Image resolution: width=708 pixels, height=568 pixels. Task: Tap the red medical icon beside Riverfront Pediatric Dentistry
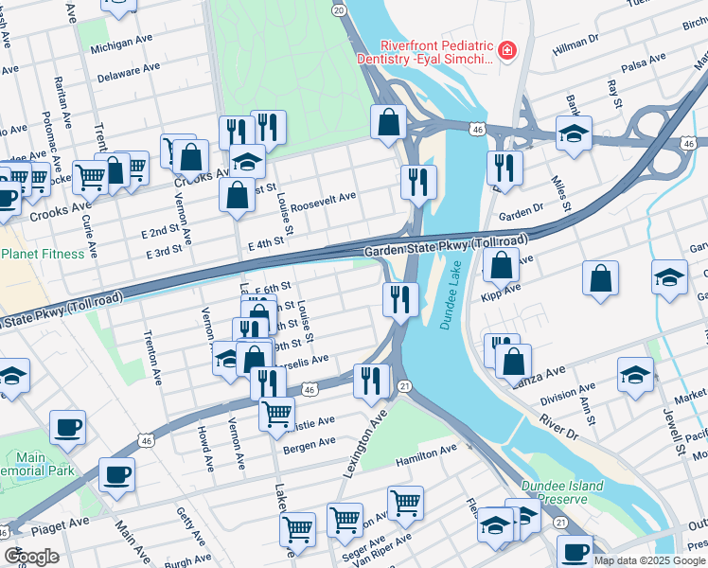(508, 48)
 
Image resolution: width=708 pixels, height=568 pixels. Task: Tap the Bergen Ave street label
(309, 442)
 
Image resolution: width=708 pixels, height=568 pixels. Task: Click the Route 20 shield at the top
(338, 9)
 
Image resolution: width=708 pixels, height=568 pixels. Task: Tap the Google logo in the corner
(31, 556)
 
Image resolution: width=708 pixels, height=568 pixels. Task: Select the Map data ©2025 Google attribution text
(649, 560)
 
